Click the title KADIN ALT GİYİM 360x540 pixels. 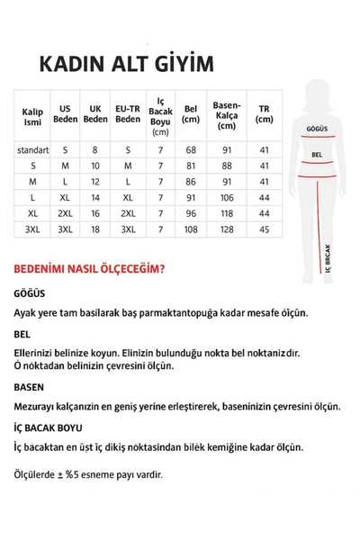coord(125,64)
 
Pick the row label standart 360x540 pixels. coord(32,149)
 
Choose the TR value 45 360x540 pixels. coord(264,229)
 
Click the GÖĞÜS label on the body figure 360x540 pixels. coord(315,129)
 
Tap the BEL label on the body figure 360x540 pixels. coord(317,154)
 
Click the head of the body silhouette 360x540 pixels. coord(318,89)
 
